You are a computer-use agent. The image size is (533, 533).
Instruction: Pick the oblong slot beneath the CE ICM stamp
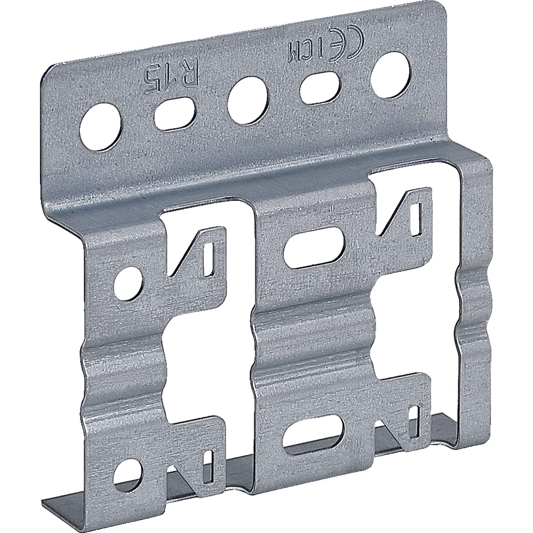point(320,88)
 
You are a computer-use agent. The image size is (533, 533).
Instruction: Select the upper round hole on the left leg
point(130,282)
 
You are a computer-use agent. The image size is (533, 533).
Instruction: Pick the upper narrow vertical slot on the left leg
point(209,261)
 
